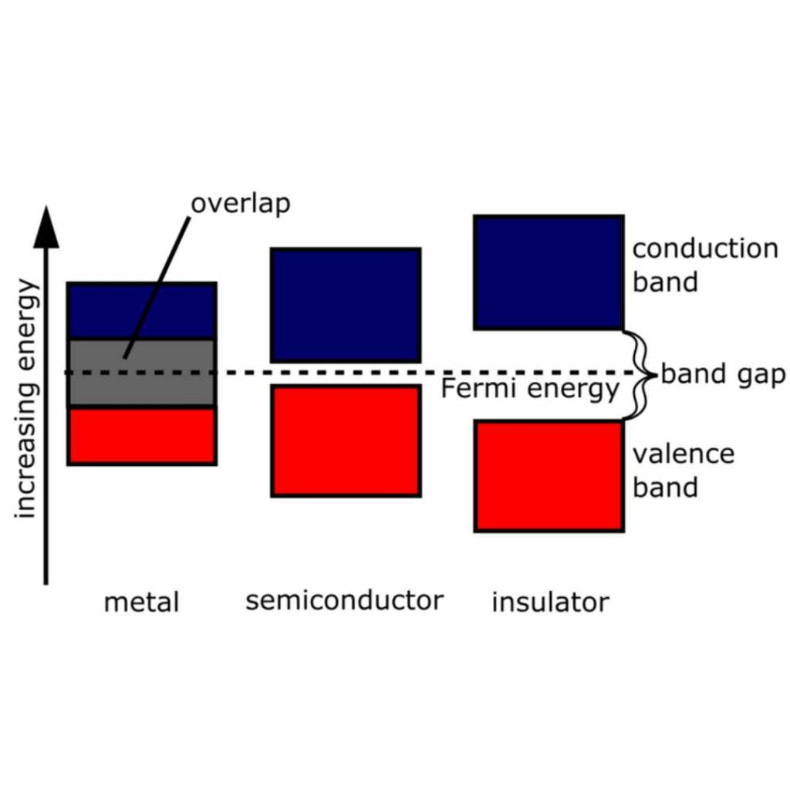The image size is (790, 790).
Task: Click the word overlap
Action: tap(240, 204)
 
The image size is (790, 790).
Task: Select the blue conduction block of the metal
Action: tap(142, 310)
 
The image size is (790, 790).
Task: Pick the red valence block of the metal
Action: tap(142, 436)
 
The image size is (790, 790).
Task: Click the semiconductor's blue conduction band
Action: tap(345, 305)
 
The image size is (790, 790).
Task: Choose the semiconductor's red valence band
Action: tap(345, 441)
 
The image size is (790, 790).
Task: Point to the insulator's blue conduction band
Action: tap(549, 272)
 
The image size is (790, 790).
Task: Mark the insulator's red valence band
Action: tap(549, 475)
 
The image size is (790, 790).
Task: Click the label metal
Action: tap(141, 602)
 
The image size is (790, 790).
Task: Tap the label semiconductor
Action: tap(344, 600)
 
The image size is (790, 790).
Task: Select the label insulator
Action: tap(550, 602)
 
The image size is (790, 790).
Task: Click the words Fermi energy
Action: tap(529, 389)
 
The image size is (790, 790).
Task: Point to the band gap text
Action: tap(723, 375)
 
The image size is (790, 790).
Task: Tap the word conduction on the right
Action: tap(705, 249)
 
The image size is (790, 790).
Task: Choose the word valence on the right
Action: tap(683, 454)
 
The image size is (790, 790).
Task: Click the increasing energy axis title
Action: tap(26, 398)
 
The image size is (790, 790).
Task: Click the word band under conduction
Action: tap(665, 282)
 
